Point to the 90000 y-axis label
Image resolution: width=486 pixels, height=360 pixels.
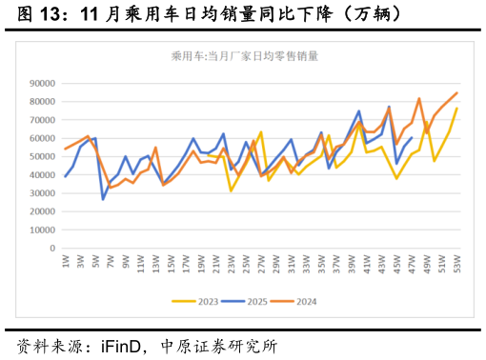tap(42, 83)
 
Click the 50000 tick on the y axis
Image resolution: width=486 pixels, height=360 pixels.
tap(42, 156)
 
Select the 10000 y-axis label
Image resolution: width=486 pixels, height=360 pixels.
tap(42, 230)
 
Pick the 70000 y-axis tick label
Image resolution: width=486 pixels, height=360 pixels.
tap(42, 120)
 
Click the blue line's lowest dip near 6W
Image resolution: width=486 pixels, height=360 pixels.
tap(103, 199)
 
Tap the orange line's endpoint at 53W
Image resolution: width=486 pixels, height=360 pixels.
tap(456, 93)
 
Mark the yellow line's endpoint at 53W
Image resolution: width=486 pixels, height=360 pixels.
tap(456, 109)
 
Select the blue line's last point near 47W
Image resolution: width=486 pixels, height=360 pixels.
tap(412, 138)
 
